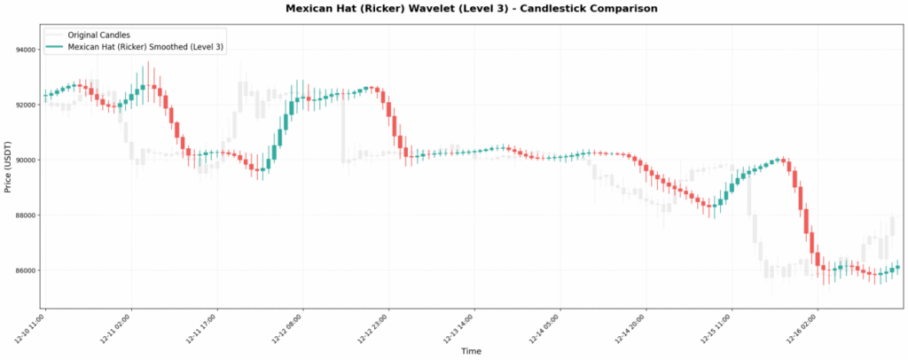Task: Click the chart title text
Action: tap(471, 8)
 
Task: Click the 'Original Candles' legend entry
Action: tap(105, 35)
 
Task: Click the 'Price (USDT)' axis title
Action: tap(8, 167)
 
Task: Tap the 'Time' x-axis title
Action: tap(471, 351)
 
